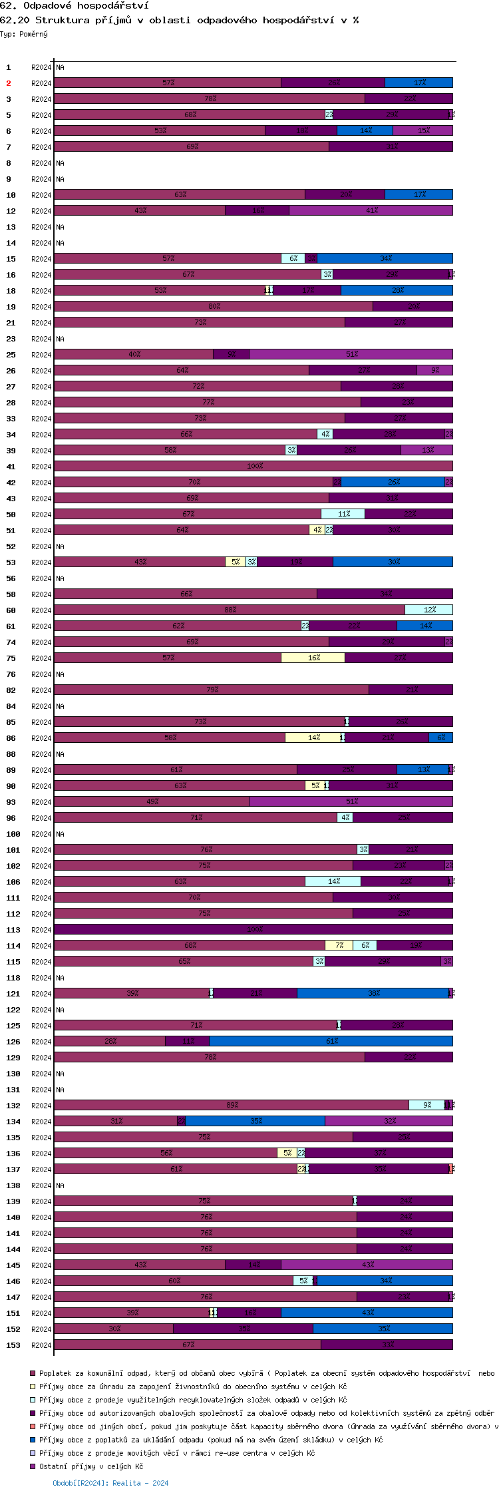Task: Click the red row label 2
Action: coord(9,83)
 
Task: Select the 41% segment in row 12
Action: coord(371,210)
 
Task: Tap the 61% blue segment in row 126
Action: coord(331,1041)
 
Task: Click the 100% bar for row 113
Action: coord(253,929)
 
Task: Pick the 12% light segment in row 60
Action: coord(428,610)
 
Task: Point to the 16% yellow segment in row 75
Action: coord(313,658)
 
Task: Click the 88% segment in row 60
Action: coord(230,610)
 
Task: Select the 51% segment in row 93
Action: coord(351,801)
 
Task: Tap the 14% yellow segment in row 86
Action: coord(313,738)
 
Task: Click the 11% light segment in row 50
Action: coord(343,514)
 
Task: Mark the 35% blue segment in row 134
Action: coord(255,1121)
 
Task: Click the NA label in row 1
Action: coord(60,67)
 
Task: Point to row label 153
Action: coord(13,1345)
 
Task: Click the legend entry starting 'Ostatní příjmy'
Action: coord(91,1466)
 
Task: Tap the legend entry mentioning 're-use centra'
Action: coord(177,1453)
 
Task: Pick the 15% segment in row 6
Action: coord(422,130)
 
